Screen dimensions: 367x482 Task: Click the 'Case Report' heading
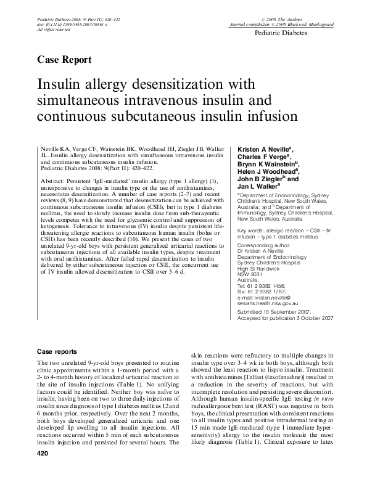point(65,60)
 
